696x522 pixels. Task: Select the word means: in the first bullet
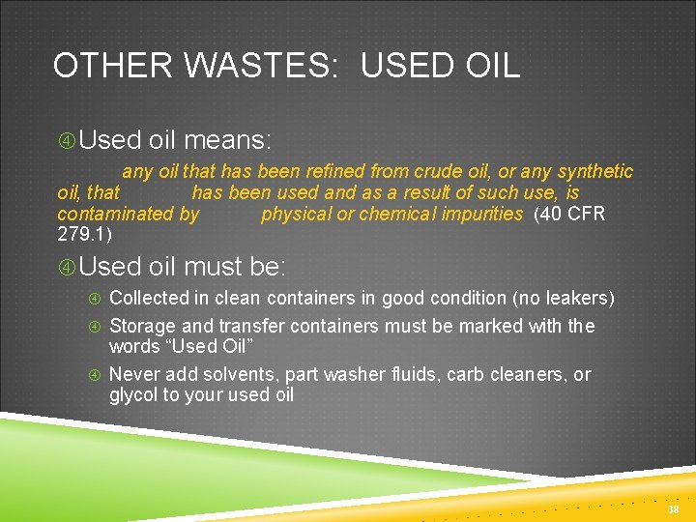point(224,140)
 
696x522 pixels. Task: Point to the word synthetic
point(592,171)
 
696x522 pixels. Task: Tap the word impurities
point(480,214)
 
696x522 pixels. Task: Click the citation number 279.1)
point(85,235)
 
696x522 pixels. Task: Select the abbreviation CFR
point(586,214)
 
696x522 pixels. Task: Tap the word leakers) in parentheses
point(577,298)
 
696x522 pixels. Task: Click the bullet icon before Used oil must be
point(66,266)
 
